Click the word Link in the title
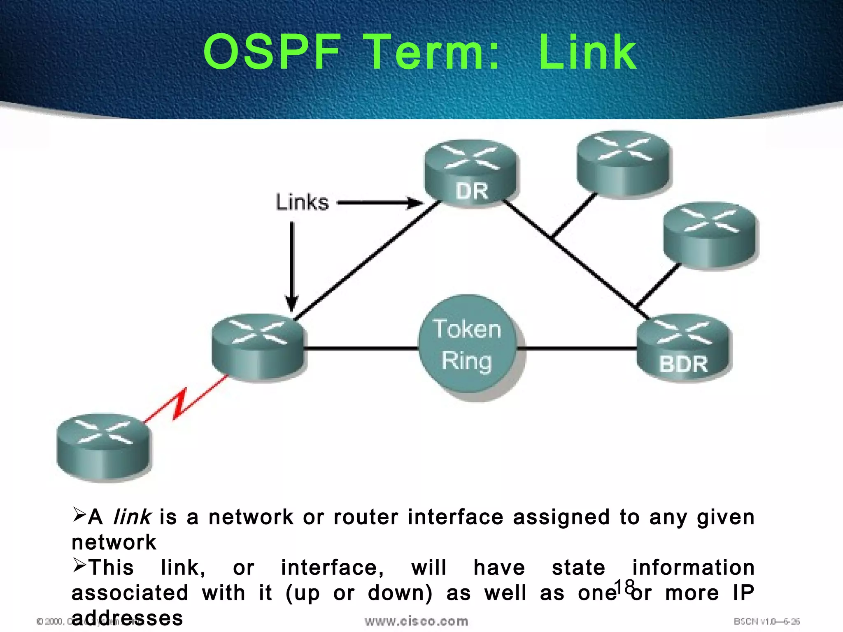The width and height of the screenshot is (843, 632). (587, 52)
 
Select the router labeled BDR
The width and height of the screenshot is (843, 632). (683, 348)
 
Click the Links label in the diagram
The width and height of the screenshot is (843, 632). (302, 202)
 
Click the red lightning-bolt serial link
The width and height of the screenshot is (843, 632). (181, 404)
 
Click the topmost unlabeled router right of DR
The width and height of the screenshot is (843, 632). (623, 165)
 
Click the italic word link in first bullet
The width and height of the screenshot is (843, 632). (132, 517)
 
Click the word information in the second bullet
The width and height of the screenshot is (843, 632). (693, 568)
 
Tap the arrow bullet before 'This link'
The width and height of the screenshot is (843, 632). (79, 565)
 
